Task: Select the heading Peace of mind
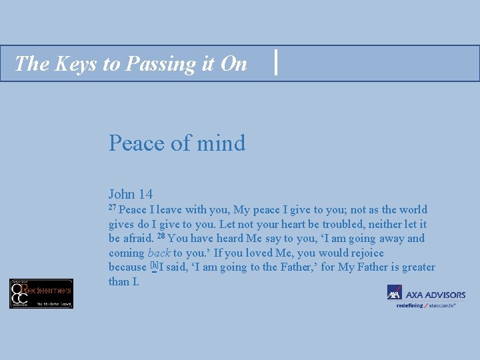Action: click(177, 143)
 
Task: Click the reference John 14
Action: click(131, 194)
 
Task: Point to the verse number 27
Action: click(113, 208)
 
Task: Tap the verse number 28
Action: click(161, 237)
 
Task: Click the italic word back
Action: click(159, 253)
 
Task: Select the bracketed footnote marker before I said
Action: click(154, 266)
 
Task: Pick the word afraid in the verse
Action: click(139, 239)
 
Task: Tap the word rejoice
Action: click(364, 253)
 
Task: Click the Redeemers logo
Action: click(41, 293)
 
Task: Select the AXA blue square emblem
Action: click(393, 293)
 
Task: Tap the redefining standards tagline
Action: click(426, 305)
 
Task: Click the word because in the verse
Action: click(127, 267)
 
